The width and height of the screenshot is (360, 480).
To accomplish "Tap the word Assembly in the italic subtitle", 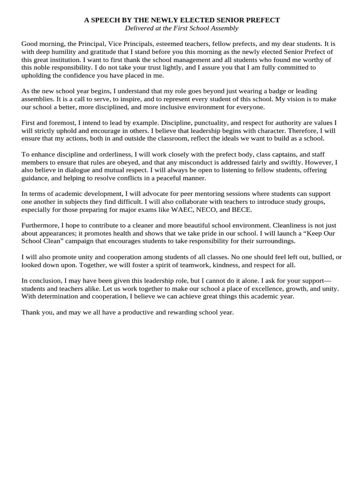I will pos(225,28).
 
